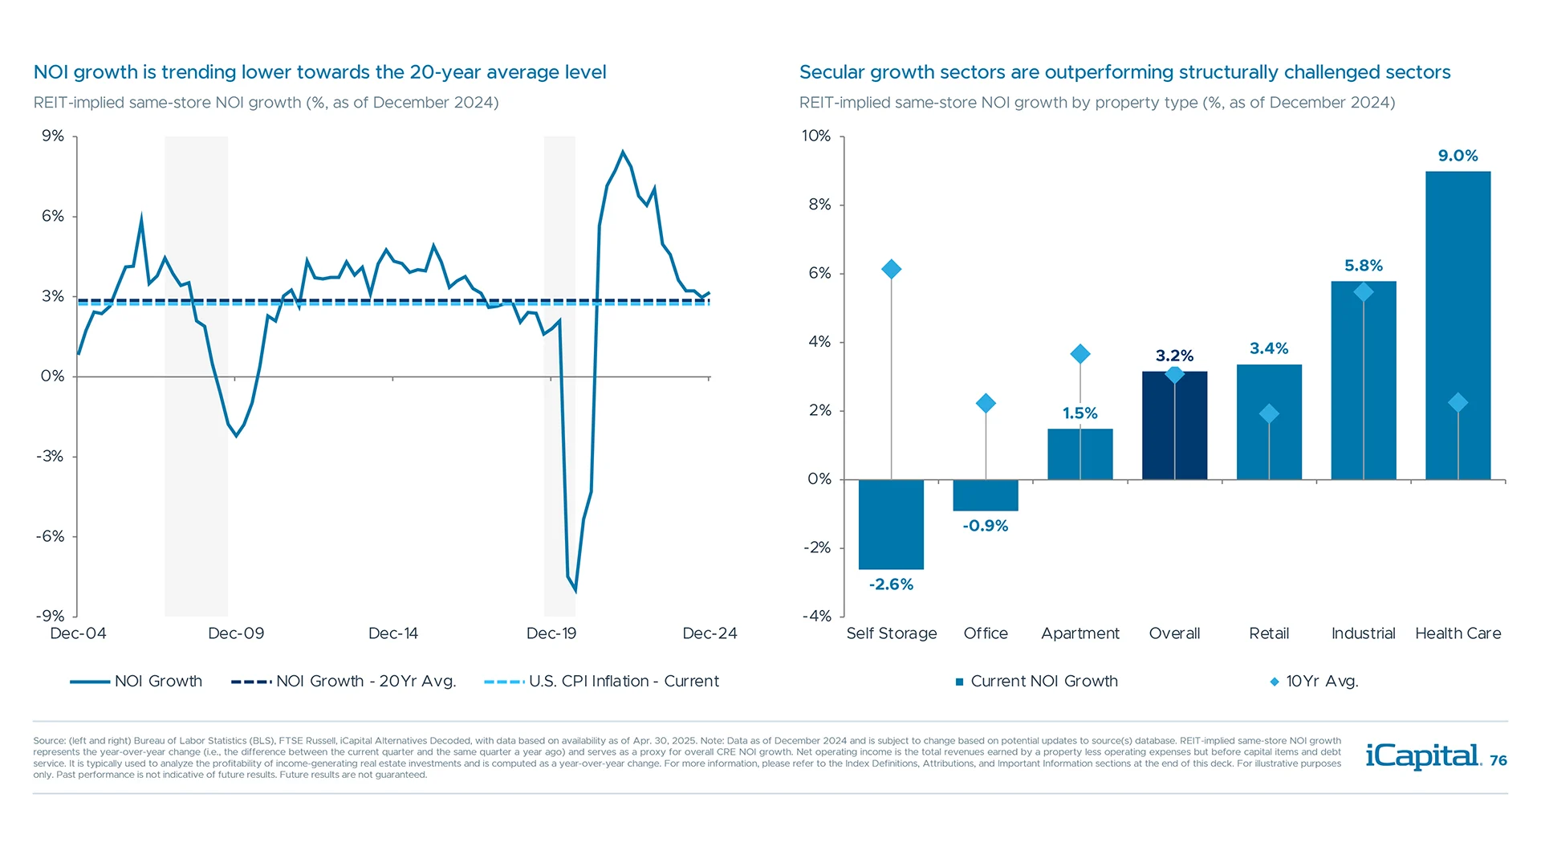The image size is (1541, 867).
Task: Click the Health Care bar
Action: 1458,325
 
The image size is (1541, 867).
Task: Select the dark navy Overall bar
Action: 1174,425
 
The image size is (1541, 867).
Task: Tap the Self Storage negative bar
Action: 891,524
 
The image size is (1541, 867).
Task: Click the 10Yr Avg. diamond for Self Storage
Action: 891,269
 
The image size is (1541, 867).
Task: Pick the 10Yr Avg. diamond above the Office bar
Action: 986,403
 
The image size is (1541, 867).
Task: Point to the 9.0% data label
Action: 1458,156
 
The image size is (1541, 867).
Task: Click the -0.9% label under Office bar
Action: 986,526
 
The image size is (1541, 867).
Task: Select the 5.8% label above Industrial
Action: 1363,266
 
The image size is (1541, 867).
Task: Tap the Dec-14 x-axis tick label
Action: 392,633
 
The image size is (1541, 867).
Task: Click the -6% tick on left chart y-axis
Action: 50,536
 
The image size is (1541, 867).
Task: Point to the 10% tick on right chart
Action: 816,136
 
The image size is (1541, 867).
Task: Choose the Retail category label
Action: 1269,633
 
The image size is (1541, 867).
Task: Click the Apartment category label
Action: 1080,633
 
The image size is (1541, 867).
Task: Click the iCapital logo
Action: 1423,756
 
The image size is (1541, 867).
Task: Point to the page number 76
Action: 1498,760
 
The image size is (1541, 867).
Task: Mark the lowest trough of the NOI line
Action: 575,592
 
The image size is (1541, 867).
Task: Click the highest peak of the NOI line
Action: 623,152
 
